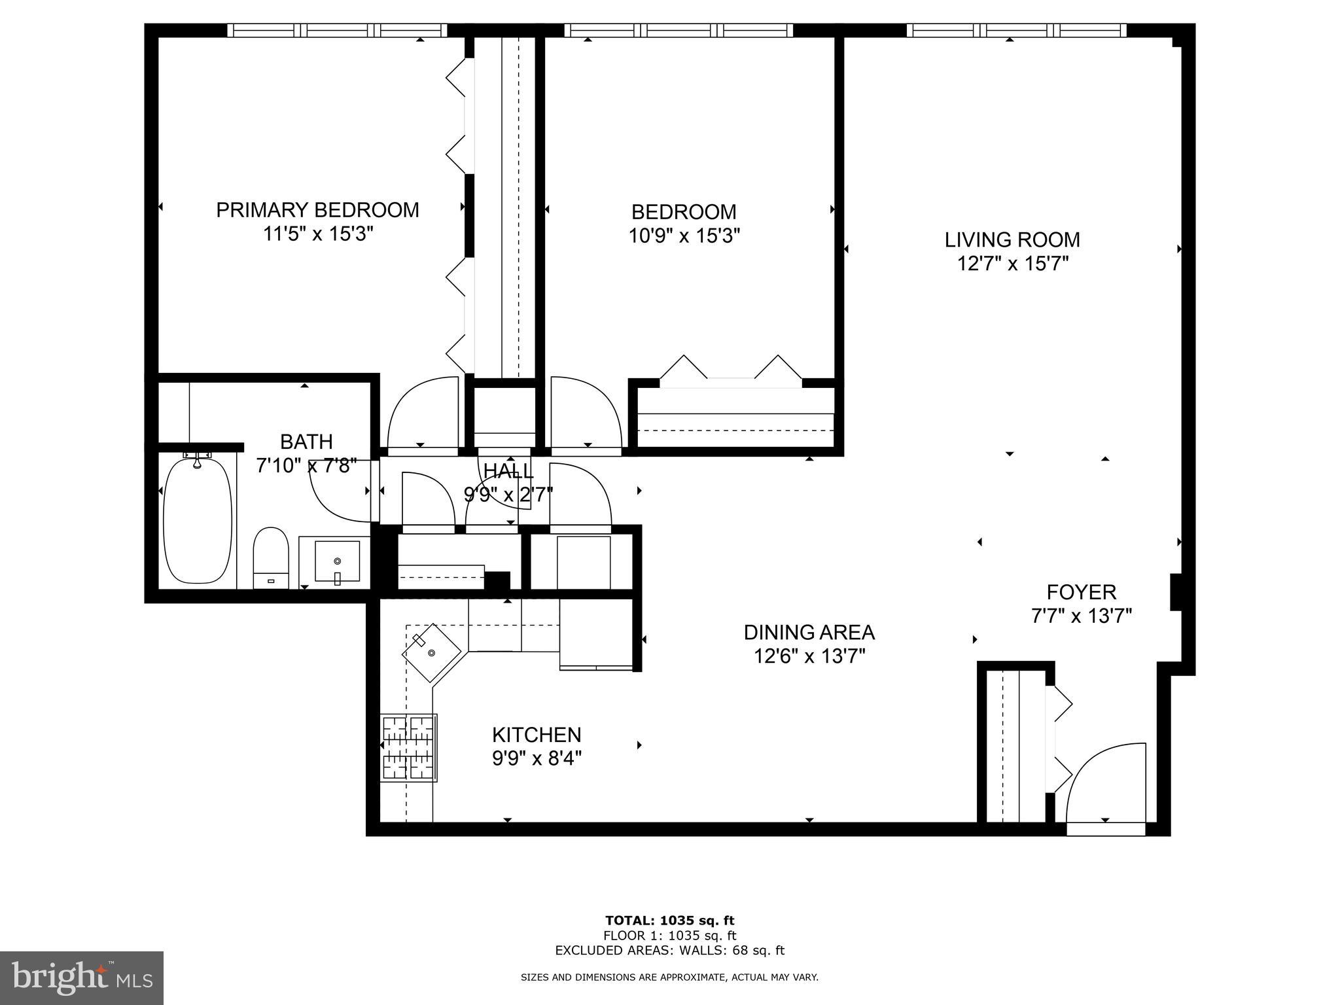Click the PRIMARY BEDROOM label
tap(317, 210)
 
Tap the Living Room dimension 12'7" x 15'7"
tap(1012, 264)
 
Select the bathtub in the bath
tap(197, 520)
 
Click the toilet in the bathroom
tap(271, 557)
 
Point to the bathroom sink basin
tap(337, 561)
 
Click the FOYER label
tap(1081, 592)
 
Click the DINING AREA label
tap(809, 632)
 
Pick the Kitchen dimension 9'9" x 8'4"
tap(537, 758)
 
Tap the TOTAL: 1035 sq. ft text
tap(669, 921)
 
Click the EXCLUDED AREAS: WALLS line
tap(669, 950)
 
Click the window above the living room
tap(1016, 30)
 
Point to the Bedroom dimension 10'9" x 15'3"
tap(684, 236)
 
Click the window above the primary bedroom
tap(337, 30)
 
